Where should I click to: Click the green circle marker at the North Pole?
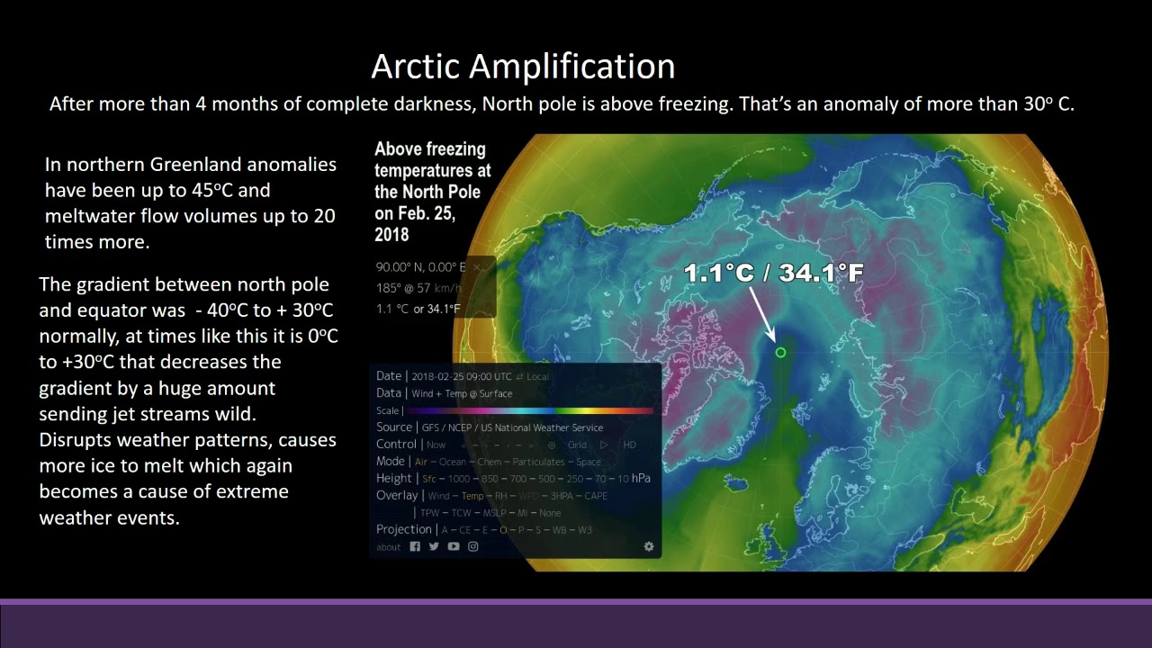coord(780,353)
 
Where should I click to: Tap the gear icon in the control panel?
coord(649,546)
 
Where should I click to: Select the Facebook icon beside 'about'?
coord(415,546)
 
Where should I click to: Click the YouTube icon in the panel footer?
coord(454,546)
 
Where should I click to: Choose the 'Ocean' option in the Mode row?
coord(453,462)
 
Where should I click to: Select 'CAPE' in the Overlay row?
coord(596,496)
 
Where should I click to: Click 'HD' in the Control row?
coord(630,445)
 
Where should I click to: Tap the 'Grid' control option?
coord(577,445)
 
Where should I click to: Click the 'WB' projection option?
coord(559,530)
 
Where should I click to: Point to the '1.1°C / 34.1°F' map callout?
coord(774,273)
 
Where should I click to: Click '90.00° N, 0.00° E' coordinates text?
coord(420,267)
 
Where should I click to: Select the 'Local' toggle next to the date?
coord(537,377)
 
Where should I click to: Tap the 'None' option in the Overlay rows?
coord(550,513)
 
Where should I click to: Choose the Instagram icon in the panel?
coord(473,546)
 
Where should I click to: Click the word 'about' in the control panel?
coord(389,547)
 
